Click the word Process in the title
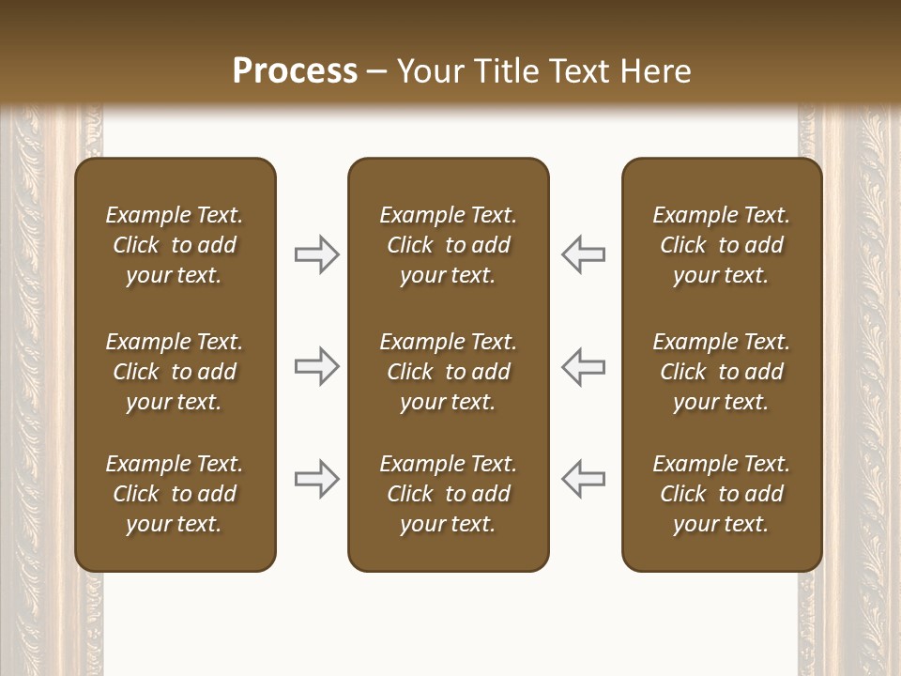(x=295, y=71)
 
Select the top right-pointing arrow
(x=317, y=254)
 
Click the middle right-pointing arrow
(x=317, y=366)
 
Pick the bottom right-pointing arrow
(x=317, y=479)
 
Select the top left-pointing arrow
(x=583, y=254)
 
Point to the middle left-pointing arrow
(x=583, y=366)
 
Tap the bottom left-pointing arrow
(x=583, y=479)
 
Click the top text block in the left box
(x=175, y=245)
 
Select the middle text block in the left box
(x=175, y=372)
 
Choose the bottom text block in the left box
(x=175, y=494)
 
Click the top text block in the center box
(x=448, y=245)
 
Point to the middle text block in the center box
(x=448, y=372)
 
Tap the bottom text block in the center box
(x=448, y=494)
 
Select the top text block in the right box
(x=721, y=245)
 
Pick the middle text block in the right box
(x=721, y=372)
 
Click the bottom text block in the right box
(x=721, y=494)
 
